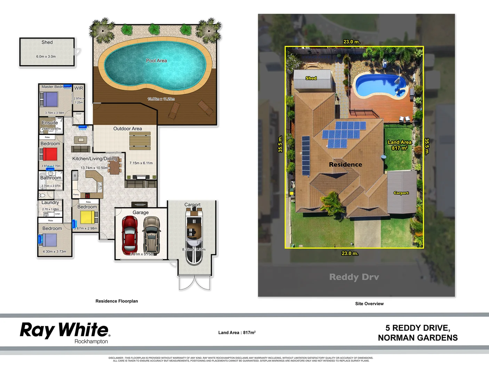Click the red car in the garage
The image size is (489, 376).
point(129,235)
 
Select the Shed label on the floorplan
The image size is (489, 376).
point(47,42)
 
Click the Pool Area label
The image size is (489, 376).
point(156,61)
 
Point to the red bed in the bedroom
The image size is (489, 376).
point(50,154)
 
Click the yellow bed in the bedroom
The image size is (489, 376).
point(87,218)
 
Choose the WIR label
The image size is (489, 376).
point(79,88)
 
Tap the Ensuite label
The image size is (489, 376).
point(50,123)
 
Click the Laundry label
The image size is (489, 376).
point(50,202)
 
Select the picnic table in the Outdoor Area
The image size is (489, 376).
point(140,141)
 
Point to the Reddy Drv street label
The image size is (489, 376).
point(354,277)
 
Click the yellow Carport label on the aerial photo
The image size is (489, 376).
point(401,193)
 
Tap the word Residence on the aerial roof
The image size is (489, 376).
point(345,164)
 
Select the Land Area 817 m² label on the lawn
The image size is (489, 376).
point(400,145)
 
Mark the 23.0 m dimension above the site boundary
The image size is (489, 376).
point(352,42)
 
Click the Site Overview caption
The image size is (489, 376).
point(369,304)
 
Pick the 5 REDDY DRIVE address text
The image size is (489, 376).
point(418,328)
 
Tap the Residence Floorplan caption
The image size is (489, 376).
point(117,301)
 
